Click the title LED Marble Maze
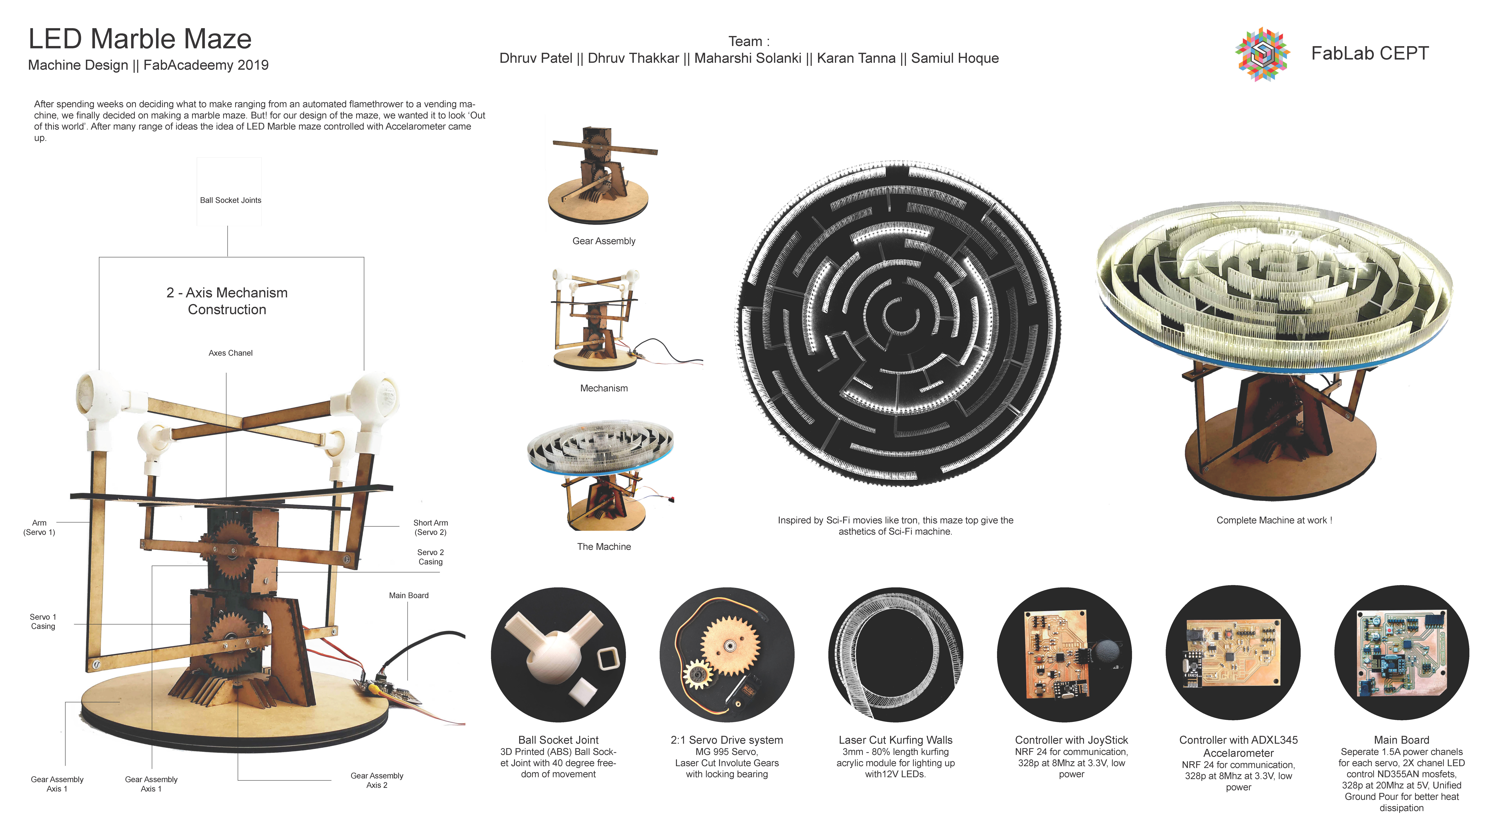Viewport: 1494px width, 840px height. [140, 39]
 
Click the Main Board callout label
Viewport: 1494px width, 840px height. [409, 595]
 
